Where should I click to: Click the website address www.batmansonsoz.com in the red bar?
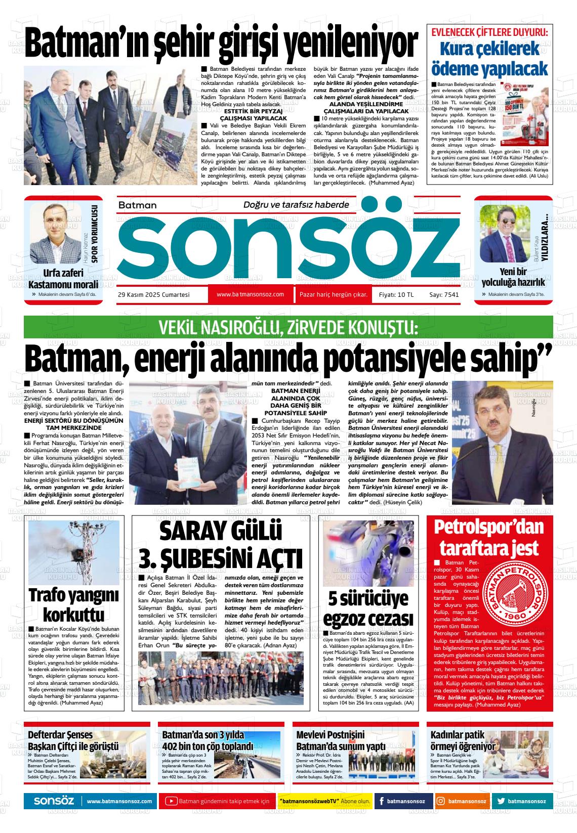pyautogui.click(x=250, y=294)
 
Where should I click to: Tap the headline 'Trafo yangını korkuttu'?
pyautogui.click(x=74, y=604)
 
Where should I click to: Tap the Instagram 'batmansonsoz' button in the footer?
pyautogui.click(x=462, y=801)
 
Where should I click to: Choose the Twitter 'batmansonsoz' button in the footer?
pyautogui.click(x=521, y=801)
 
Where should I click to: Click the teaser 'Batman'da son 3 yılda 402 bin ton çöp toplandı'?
pyautogui.click(x=208, y=741)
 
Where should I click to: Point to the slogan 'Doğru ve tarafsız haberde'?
pyautogui.click(x=296, y=204)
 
